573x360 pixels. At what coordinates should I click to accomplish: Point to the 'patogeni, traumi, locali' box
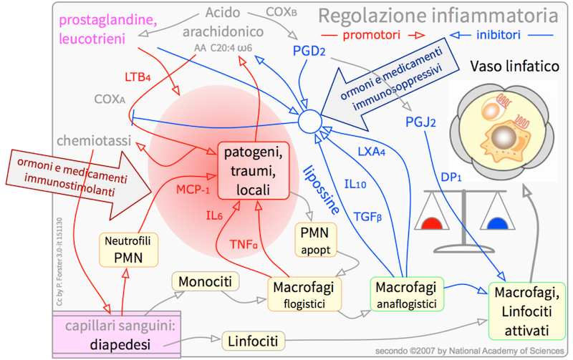253,172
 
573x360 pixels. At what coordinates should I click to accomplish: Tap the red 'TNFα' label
244,245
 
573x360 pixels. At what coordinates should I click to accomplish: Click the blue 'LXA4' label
375,153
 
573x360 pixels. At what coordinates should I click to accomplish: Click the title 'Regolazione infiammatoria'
438,14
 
